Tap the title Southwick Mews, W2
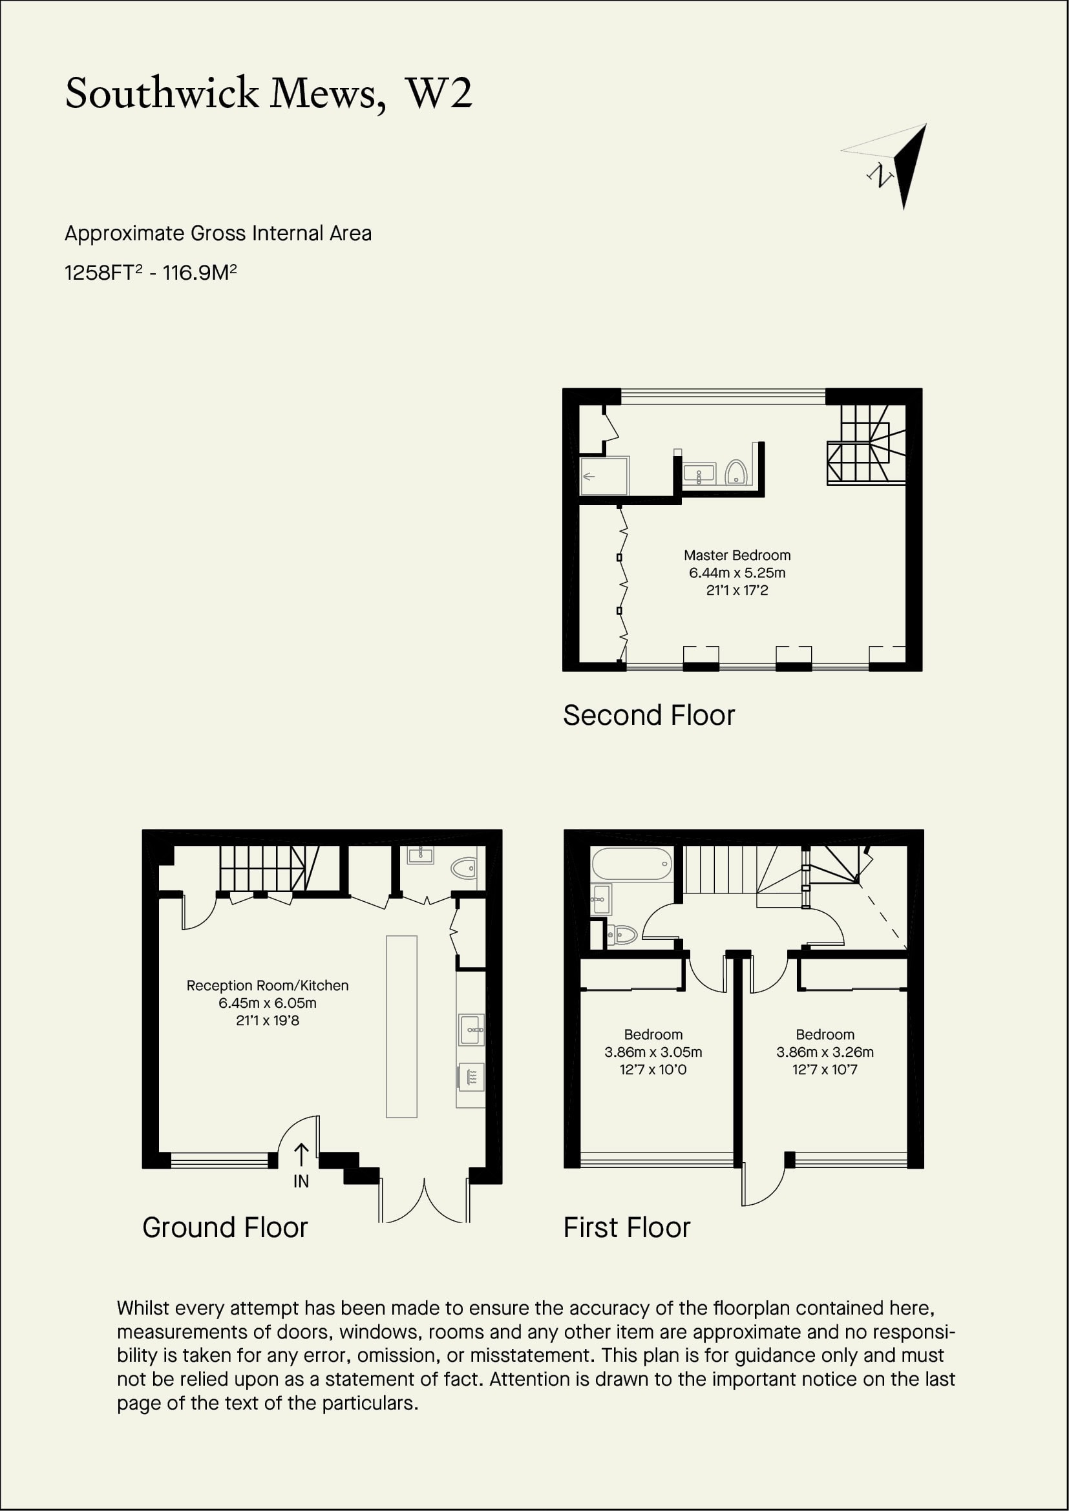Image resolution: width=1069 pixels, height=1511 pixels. coord(269,94)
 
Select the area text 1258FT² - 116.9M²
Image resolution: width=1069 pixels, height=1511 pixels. coord(151,272)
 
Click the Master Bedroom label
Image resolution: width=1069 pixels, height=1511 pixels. coord(737,556)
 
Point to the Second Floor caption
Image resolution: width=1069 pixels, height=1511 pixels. coord(649,715)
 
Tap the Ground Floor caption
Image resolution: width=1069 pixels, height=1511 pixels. coord(225,1228)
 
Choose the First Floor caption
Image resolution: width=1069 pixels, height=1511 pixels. coord(627,1228)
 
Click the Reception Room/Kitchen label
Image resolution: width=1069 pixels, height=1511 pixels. coord(268,986)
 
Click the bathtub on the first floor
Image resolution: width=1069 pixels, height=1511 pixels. coord(632,864)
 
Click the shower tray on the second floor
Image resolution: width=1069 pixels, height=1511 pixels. coord(604,476)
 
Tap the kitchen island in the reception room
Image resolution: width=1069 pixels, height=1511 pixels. coord(401,1026)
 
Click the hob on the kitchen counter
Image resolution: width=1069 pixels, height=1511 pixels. coord(471,1078)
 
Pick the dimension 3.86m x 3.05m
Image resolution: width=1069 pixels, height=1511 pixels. coord(653,1052)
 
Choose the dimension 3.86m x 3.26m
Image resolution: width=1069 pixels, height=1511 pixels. coord(825,1052)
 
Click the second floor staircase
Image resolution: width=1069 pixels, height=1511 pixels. coord(866,445)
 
